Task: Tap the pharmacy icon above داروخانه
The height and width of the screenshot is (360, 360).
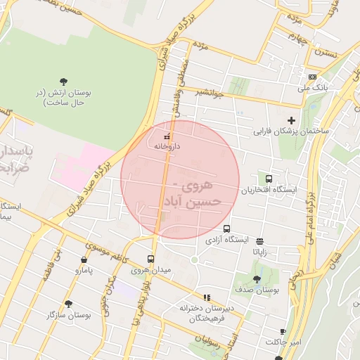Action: click(x=167, y=136)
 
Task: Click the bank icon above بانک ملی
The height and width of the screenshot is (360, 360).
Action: click(x=312, y=77)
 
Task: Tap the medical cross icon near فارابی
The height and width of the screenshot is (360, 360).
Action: click(x=291, y=120)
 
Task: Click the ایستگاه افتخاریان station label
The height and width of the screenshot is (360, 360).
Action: click(x=270, y=191)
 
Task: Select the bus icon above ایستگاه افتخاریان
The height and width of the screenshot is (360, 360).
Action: click(x=269, y=179)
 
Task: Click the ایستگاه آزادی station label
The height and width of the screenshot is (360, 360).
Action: click(x=227, y=240)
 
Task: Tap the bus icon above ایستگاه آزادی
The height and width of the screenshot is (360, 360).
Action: click(x=226, y=229)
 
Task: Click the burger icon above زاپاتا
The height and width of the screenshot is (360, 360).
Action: click(x=260, y=240)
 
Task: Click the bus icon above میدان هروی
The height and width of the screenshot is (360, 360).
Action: click(x=150, y=259)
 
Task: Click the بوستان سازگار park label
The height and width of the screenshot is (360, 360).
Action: click(x=60, y=315)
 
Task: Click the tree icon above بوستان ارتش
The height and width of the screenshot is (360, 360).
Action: click(x=63, y=82)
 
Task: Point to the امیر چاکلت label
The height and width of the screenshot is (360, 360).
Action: click(x=282, y=342)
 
